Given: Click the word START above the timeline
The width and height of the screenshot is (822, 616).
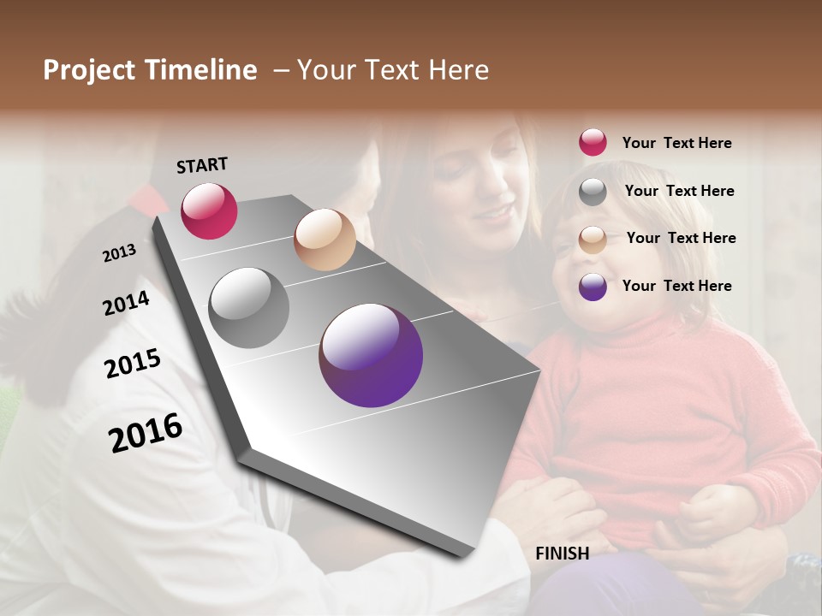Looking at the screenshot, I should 202,165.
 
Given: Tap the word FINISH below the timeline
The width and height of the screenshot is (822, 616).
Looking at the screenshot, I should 562,554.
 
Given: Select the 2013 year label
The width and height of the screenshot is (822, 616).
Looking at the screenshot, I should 120,252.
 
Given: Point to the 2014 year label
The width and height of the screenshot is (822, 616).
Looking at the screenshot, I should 127,304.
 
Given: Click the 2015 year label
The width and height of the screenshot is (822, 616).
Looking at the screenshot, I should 133,364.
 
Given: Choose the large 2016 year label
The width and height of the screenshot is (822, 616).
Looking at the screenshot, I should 146,432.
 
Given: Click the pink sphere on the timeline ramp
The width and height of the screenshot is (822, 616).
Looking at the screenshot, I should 209,210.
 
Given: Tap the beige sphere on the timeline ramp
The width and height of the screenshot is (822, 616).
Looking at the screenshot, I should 325,240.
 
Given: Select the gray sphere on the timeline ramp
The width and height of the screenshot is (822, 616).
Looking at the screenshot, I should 249,307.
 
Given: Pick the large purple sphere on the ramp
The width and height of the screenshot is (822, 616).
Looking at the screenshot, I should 371,355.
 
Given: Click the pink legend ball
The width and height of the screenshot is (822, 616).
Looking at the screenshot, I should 593,142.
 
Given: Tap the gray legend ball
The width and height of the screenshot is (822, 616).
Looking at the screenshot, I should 593,192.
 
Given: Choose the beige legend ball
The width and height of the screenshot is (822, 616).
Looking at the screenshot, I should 593,240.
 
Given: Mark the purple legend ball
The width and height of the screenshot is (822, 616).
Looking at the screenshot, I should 593,287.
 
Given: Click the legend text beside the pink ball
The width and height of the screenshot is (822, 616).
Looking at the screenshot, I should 676,143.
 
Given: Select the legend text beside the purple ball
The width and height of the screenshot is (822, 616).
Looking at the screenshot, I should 676,286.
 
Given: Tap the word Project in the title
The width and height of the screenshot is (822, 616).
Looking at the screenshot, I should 89,70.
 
